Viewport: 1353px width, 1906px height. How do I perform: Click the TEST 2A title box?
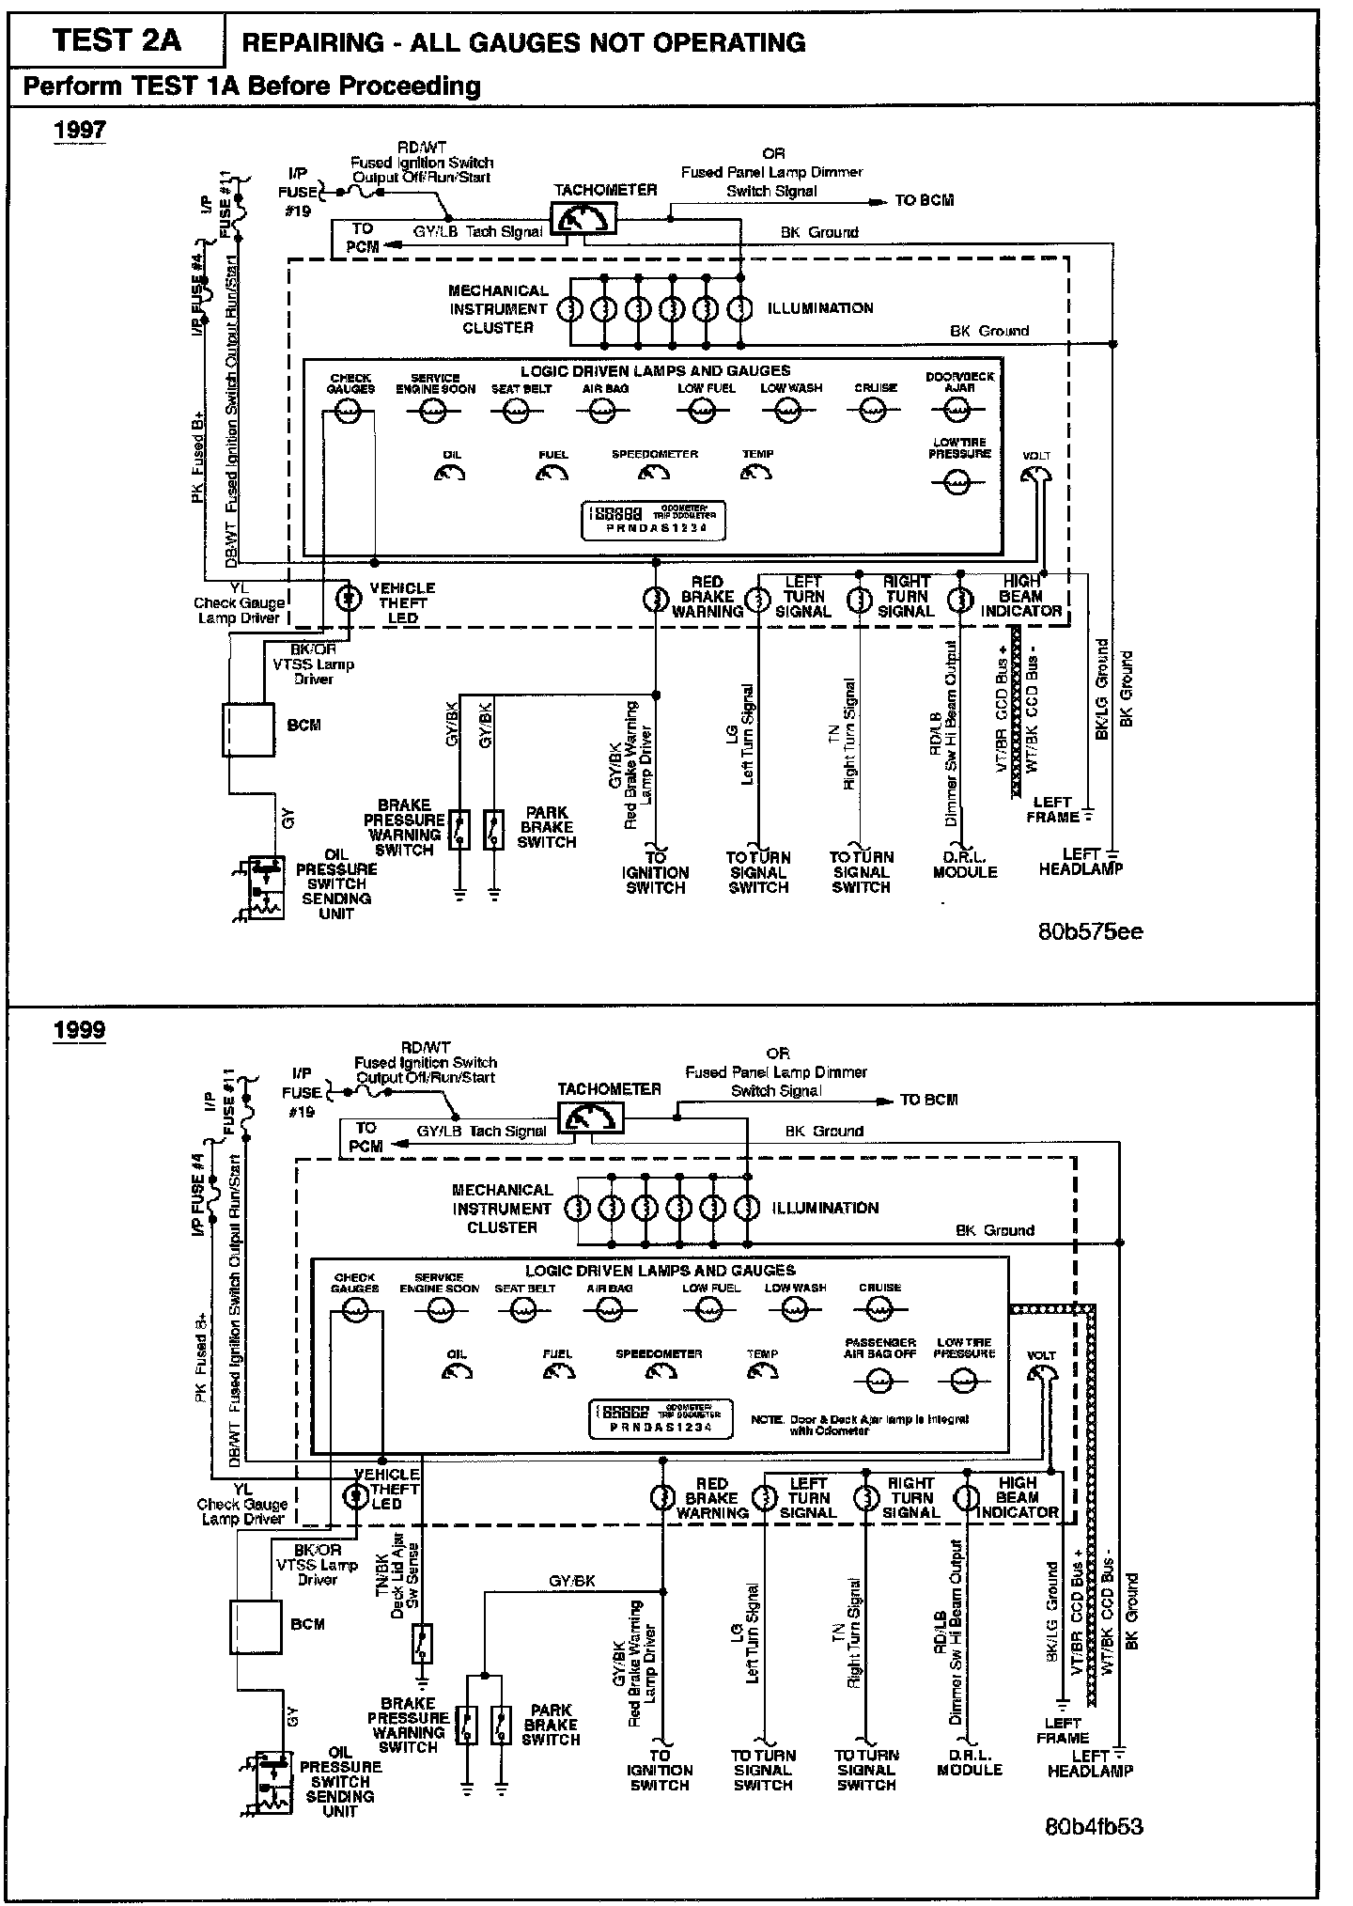(x=117, y=41)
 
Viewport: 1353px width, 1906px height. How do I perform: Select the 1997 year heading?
(x=80, y=130)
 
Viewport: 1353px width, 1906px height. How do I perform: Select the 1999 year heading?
(x=80, y=1029)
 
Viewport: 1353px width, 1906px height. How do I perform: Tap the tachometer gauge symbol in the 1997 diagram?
(x=583, y=219)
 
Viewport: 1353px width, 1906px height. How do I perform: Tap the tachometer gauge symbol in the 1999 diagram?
(x=588, y=1118)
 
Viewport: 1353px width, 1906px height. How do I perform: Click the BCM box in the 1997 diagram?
(x=248, y=729)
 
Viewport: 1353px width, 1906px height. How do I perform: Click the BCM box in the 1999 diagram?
(x=256, y=1628)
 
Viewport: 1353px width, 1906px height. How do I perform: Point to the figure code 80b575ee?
(x=1090, y=931)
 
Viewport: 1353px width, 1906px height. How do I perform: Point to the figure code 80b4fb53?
(x=1094, y=1827)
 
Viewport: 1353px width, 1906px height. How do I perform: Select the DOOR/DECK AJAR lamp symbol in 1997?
(x=956, y=410)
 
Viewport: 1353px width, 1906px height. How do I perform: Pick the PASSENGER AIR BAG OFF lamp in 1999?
(x=879, y=1381)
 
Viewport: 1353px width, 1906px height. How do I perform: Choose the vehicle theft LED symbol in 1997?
(x=350, y=598)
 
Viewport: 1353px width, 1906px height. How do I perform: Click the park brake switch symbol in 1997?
(x=493, y=829)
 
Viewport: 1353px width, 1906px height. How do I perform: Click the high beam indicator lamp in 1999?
(x=967, y=1498)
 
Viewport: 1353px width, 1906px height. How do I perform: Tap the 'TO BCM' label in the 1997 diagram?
(x=924, y=200)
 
